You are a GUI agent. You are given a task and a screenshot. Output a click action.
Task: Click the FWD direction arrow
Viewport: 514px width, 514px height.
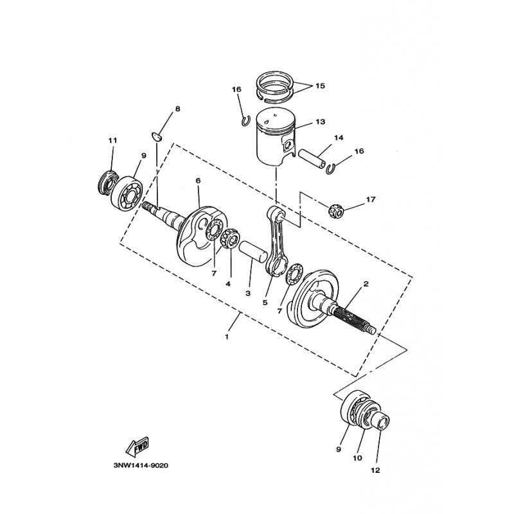[137, 447]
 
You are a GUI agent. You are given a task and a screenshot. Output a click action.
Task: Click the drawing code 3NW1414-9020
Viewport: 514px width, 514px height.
[141, 465]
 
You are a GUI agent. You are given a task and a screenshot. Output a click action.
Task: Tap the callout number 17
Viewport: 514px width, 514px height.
[371, 199]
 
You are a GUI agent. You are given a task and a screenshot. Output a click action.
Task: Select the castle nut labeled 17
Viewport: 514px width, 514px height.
[335, 211]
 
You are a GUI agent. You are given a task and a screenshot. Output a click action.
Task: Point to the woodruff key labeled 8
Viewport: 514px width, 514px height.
[157, 136]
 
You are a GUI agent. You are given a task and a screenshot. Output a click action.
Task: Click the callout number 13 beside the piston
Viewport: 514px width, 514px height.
[320, 121]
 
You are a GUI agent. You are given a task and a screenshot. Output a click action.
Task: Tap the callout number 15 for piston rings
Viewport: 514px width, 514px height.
[320, 86]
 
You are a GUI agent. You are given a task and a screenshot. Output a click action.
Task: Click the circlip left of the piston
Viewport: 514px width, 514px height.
[244, 120]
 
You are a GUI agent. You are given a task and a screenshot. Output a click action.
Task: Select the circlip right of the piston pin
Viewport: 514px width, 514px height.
[330, 169]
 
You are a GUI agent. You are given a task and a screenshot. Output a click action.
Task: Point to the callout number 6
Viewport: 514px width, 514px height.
[198, 181]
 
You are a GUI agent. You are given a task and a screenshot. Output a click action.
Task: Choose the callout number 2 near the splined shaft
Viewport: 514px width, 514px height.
[366, 283]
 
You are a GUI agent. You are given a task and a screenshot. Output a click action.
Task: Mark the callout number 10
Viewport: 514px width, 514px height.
[357, 458]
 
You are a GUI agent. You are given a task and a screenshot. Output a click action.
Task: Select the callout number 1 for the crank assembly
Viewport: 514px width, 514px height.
[227, 337]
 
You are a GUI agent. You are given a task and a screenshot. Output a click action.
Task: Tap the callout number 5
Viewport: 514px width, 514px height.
[265, 303]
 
